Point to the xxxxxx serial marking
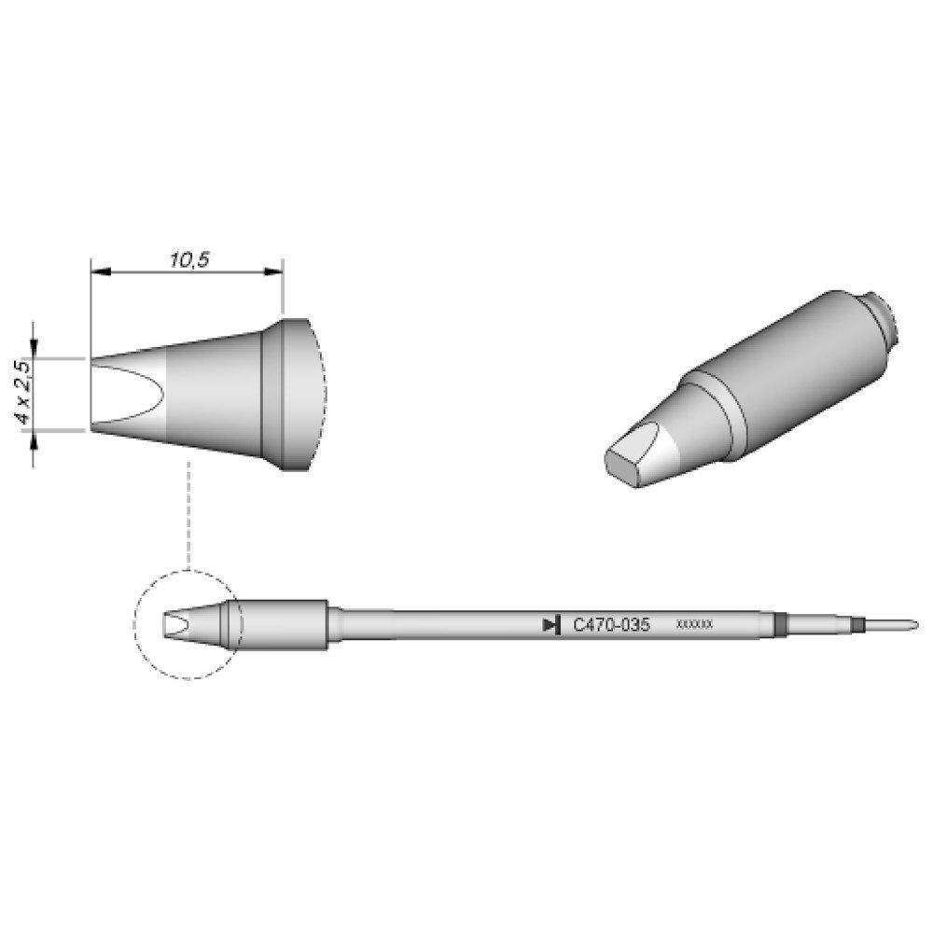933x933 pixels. coord(694,625)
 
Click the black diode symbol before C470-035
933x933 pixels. coord(551,624)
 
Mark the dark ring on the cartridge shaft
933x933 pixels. coord(781,623)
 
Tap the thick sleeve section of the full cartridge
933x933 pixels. coord(285,623)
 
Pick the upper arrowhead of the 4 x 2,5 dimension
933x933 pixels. coord(35,349)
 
